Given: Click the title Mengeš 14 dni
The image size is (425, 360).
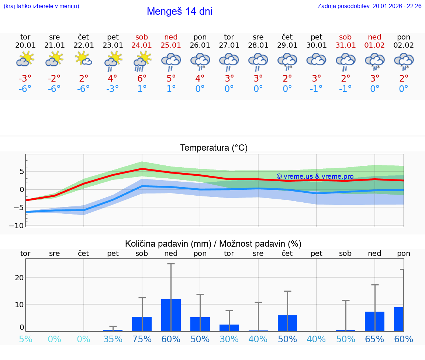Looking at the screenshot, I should pyautogui.click(x=179, y=11).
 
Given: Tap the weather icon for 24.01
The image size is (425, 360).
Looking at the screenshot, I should pyautogui.click(x=142, y=61).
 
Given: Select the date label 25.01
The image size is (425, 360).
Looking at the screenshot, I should pyautogui.click(x=171, y=45).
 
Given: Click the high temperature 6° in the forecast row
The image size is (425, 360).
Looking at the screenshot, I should pyautogui.click(x=142, y=78).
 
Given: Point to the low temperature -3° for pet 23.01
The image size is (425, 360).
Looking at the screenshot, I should pyautogui.click(x=113, y=89).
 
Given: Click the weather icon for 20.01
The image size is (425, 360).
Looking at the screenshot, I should pyautogui.click(x=25, y=59).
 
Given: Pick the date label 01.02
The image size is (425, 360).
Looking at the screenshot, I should pyautogui.click(x=375, y=45).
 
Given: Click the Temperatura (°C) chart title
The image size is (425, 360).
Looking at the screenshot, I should pyautogui.click(x=214, y=148).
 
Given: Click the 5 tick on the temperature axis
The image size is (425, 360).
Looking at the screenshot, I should pyautogui.click(x=21, y=171).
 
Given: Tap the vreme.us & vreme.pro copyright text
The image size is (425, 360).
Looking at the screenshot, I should pyautogui.click(x=315, y=176).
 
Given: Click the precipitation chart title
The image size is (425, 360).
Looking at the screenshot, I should pyautogui.click(x=213, y=244).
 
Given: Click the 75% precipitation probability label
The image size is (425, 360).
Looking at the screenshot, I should pyautogui.click(x=142, y=339).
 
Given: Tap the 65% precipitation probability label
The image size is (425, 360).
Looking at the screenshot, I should pyautogui.click(x=375, y=339).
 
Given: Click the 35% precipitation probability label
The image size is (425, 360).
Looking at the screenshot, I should pyautogui.click(x=113, y=339).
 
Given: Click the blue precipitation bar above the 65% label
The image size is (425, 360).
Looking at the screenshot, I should pyautogui.click(x=375, y=321).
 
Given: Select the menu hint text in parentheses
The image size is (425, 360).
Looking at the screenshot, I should pyautogui.click(x=41, y=6).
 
